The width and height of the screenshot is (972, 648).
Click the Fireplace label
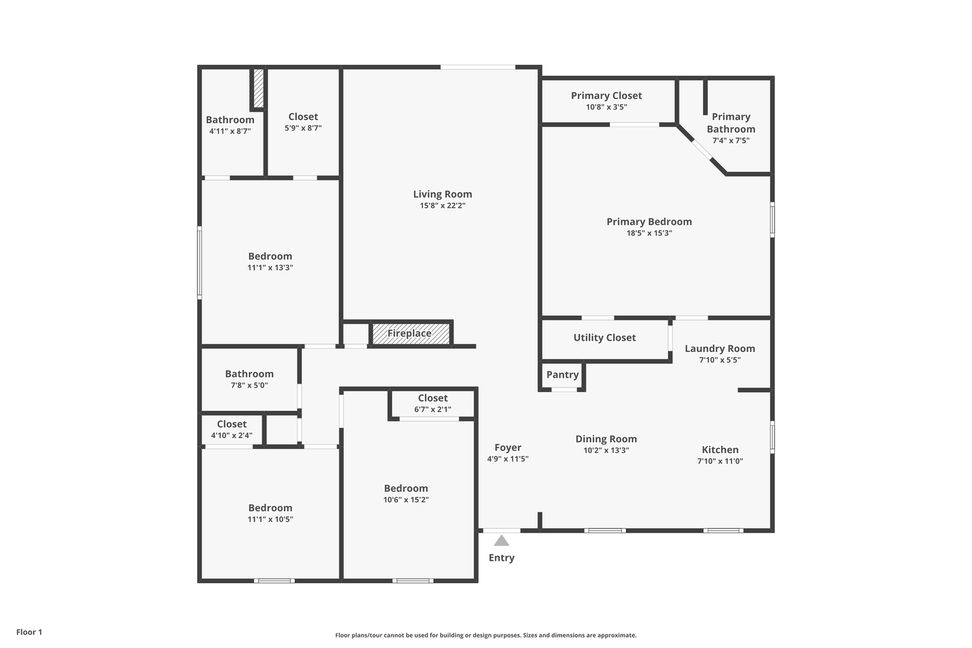(409, 333)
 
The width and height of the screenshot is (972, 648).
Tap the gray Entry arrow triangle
(502, 540)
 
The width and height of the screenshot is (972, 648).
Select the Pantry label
(562, 375)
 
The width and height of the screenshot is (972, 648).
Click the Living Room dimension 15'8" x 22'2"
(443, 205)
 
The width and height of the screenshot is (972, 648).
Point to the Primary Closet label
(606, 95)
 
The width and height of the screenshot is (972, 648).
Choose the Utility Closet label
(605, 338)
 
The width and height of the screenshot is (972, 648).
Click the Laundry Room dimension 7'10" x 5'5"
(720, 360)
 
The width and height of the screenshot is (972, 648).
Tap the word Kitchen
(721, 450)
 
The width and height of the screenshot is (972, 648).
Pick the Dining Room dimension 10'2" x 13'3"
(606, 450)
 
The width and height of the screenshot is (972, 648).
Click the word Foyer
(508, 448)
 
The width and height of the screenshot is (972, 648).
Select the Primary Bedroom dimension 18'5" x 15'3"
(649, 233)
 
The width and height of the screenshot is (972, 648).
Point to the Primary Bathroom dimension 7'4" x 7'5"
(731, 141)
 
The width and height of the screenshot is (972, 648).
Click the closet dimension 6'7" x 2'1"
(433, 410)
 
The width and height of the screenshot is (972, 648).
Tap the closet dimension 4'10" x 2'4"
(232, 435)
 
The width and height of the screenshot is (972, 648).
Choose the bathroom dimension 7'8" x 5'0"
(249, 386)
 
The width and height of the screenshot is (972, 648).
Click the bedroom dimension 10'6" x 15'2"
(406, 500)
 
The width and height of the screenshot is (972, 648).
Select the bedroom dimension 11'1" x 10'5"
(270, 519)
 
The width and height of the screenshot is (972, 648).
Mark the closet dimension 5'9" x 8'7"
(303, 128)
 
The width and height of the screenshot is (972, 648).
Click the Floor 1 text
(29, 632)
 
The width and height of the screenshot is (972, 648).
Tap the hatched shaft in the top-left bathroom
(258, 88)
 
